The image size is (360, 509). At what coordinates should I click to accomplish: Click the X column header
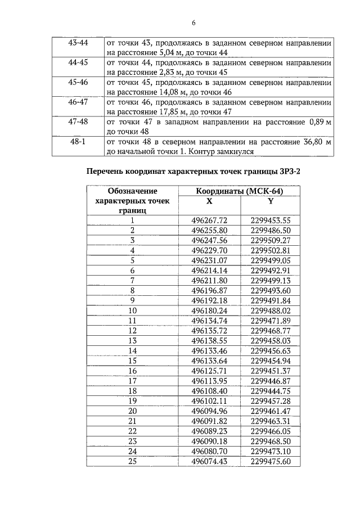[209, 201]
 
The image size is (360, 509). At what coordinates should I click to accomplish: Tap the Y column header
[270, 201]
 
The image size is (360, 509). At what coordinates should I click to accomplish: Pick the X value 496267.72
[209, 220]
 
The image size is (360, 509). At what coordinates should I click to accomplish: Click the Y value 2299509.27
[270, 240]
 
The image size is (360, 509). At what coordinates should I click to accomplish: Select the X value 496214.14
[209, 270]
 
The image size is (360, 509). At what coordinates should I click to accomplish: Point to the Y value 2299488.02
[270, 310]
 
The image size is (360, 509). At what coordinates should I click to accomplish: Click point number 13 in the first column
[133, 340]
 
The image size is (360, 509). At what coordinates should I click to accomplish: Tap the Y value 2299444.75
[270, 390]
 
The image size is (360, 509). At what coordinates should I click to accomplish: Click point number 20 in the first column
[133, 411]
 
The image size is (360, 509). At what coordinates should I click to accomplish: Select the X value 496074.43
[209, 461]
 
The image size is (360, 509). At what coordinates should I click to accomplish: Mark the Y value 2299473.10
[270, 451]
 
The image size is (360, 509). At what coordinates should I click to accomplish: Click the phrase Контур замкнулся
[223, 151]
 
